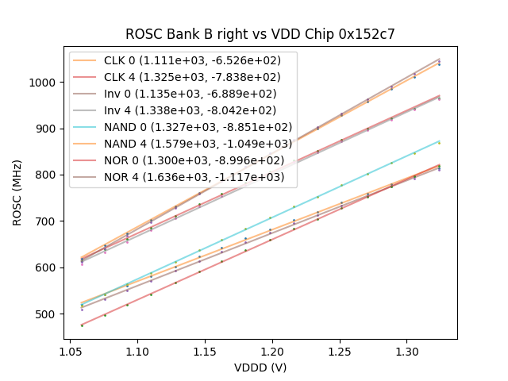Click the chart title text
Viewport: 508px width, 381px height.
260,34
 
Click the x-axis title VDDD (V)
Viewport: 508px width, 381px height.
260,368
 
